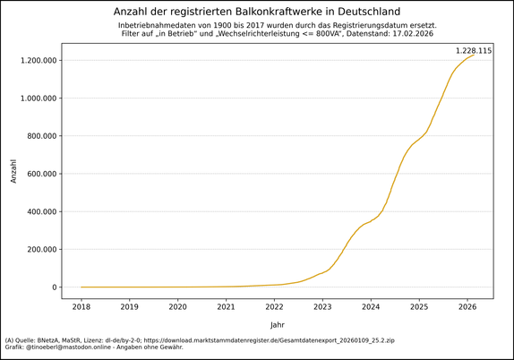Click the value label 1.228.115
(474, 51)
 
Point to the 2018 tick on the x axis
(81, 306)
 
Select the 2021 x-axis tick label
(227, 306)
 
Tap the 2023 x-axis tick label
(323, 306)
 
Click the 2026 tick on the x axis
(467, 306)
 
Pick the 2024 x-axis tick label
(372, 306)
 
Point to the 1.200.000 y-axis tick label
(32, 61)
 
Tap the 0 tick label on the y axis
(55, 287)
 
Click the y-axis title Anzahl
(13, 171)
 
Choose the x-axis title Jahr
(278, 324)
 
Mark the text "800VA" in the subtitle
(321, 34)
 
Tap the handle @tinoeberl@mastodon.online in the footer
(77, 347)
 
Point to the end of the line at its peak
(474, 56)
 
